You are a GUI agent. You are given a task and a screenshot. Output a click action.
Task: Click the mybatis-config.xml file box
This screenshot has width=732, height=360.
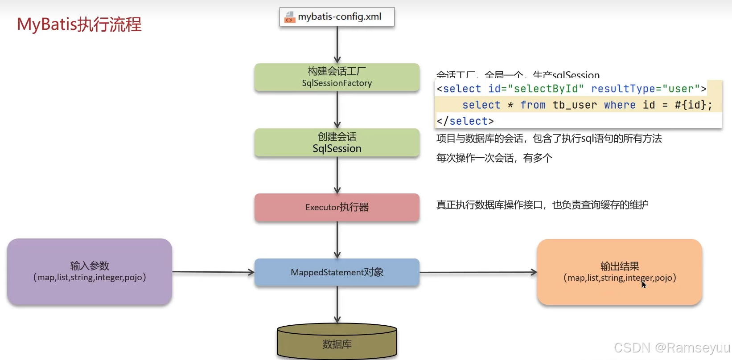pyautogui.click(x=337, y=17)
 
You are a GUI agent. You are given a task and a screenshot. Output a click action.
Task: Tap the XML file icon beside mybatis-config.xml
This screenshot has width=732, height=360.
pyautogui.click(x=290, y=17)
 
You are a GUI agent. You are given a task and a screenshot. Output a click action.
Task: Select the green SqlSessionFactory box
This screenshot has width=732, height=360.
pyautogui.click(x=337, y=78)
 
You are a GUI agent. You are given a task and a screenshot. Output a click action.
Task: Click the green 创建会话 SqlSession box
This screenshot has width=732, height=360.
pyautogui.click(x=337, y=143)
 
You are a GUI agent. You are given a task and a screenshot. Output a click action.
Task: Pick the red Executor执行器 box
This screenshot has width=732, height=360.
pyautogui.click(x=337, y=207)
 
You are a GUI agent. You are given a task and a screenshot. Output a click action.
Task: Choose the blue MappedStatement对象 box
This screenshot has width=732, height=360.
pyautogui.click(x=337, y=272)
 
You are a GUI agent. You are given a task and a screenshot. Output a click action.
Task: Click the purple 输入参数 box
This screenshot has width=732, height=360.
pyautogui.click(x=90, y=272)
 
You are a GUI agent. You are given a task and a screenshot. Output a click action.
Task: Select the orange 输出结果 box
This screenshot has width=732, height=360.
pyautogui.click(x=620, y=272)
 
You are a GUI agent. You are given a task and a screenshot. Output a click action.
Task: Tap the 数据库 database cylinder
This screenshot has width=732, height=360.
pyautogui.click(x=337, y=344)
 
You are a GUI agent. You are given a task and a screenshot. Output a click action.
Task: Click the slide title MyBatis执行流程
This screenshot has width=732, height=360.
pyautogui.click(x=79, y=25)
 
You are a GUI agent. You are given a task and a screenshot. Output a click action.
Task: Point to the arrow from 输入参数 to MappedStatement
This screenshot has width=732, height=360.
pyautogui.click(x=213, y=272)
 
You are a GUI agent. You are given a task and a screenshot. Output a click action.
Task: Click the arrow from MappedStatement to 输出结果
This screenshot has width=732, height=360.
pyautogui.click(x=478, y=272)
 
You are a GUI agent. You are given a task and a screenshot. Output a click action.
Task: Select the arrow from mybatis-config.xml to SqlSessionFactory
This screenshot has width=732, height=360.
pyautogui.click(x=337, y=45)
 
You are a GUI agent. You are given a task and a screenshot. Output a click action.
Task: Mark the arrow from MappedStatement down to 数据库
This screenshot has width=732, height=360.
pyautogui.click(x=337, y=304)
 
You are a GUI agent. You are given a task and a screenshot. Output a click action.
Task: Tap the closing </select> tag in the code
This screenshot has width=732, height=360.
pyautogui.click(x=465, y=121)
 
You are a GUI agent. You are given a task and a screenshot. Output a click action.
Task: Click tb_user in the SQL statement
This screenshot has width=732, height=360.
pyautogui.click(x=575, y=105)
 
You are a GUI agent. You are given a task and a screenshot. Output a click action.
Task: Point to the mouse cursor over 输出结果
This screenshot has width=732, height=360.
pyautogui.click(x=643, y=284)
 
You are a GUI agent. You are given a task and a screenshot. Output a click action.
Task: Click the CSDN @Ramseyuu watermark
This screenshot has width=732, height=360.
pyautogui.click(x=672, y=348)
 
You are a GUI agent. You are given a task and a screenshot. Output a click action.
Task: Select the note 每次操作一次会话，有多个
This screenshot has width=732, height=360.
pyautogui.click(x=494, y=158)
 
